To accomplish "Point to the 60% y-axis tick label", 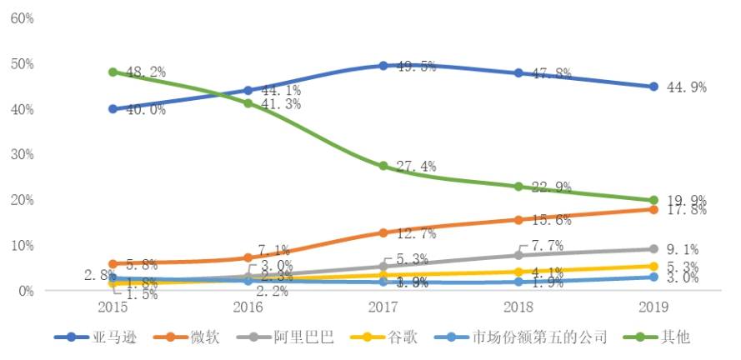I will [x=23, y=18].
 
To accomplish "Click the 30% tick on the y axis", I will [x=23, y=155].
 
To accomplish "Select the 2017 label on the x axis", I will [x=383, y=307].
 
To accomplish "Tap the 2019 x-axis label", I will [x=653, y=307].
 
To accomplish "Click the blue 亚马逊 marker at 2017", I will [x=383, y=65].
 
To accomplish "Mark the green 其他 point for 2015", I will [x=113, y=72].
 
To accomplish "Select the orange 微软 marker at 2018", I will [x=518, y=220].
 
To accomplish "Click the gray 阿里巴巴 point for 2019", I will [x=653, y=249].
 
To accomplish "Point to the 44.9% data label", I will [x=688, y=87].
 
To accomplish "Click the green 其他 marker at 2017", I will [x=383, y=166].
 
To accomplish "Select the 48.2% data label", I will [x=145, y=72].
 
